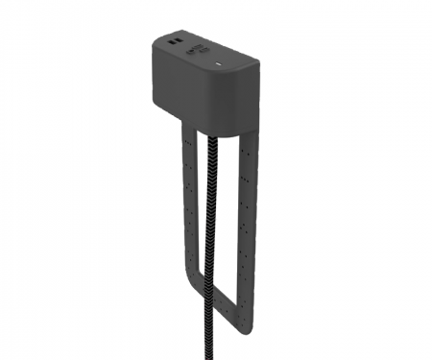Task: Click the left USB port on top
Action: tap(170, 42)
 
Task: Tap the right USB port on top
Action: tap(179, 44)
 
